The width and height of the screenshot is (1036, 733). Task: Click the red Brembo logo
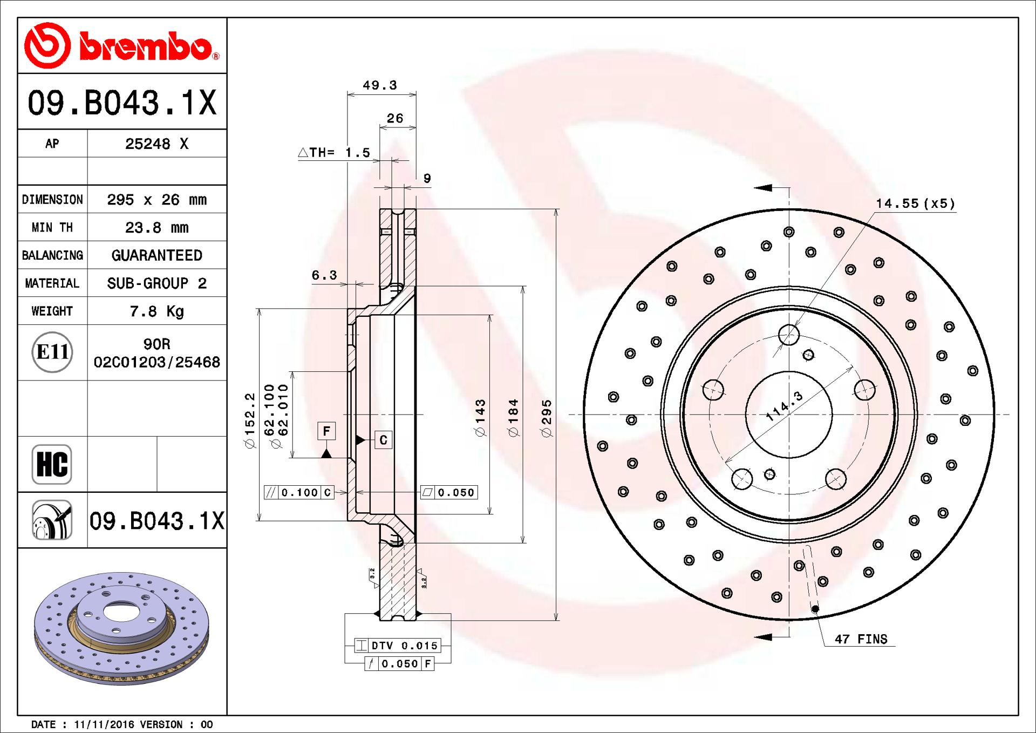122,46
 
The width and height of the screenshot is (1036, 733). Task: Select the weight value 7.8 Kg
157,311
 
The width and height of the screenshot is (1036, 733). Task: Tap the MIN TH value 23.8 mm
157,228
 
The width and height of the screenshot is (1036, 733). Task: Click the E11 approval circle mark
52,352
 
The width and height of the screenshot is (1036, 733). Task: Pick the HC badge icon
52,464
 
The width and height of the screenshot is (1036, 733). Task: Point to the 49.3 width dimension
380,85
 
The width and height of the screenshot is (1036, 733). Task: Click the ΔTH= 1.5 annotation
335,153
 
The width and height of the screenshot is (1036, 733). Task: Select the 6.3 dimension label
324,275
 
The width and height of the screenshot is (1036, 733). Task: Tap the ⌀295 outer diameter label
547,418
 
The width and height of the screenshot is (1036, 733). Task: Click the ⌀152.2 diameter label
249,421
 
